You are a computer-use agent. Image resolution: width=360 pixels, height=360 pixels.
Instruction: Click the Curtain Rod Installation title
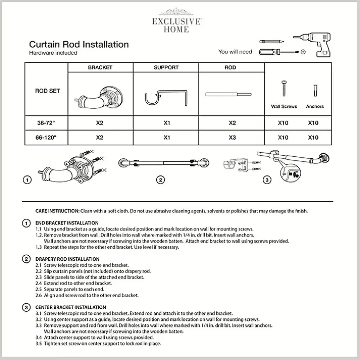(79, 45)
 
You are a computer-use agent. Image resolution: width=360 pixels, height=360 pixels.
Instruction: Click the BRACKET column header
(100, 68)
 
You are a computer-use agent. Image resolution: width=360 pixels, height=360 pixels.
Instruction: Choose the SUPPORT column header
(166, 68)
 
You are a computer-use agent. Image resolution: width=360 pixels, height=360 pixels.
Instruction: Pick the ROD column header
(230, 68)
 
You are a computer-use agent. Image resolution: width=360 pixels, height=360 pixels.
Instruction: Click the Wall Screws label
(284, 106)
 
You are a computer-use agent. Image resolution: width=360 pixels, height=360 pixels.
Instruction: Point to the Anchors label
(315, 106)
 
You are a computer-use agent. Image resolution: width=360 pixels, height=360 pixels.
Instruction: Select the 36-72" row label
(48, 123)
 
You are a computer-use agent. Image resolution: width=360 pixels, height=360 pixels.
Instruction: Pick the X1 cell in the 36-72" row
(166, 123)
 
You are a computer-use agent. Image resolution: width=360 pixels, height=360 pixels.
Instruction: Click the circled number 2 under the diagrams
(160, 180)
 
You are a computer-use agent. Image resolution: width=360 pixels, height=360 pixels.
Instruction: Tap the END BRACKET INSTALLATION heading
(67, 223)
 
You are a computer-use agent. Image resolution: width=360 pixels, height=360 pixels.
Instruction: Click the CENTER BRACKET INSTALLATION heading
(71, 307)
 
